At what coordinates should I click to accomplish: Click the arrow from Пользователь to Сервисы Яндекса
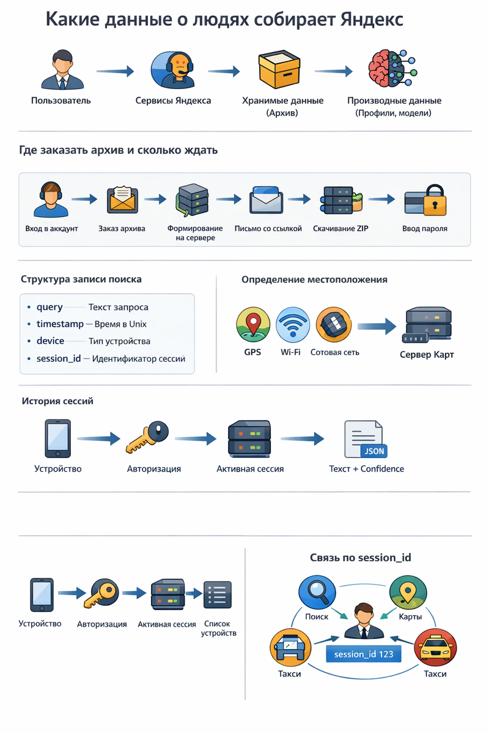[115, 71]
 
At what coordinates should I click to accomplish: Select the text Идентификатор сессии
[138, 359]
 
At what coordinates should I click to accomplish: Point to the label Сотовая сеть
[334, 352]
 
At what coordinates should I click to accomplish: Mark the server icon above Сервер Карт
[428, 325]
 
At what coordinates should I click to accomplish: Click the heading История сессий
[57, 401]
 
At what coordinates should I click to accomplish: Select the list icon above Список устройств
[218, 594]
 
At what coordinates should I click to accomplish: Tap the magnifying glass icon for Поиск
[317, 594]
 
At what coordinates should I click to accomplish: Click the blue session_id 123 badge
[364, 654]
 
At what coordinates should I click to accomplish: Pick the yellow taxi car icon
[435, 649]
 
